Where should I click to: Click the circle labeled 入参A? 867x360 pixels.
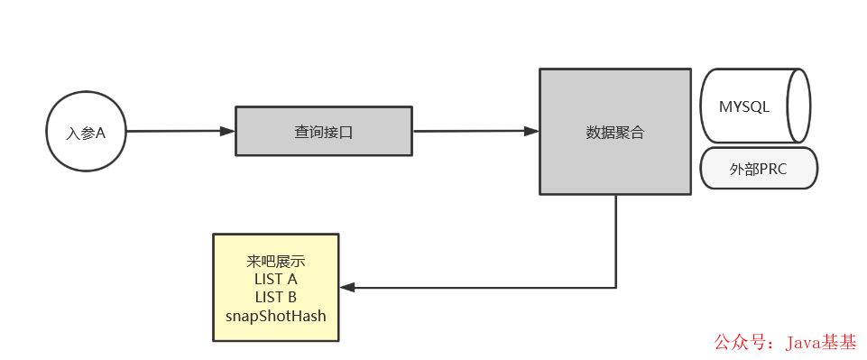point(86,132)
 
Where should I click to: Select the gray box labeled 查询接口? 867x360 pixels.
point(323,131)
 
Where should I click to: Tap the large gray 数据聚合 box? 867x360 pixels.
point(615,132)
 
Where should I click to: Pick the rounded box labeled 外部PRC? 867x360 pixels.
point(758,169)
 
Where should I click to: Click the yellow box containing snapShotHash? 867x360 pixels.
point(275,288)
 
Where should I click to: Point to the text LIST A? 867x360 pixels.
point(275,280)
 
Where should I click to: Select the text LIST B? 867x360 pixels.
point(275,298)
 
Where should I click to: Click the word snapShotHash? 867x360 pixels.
point(275,316)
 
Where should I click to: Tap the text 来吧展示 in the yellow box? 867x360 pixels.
point(275,262)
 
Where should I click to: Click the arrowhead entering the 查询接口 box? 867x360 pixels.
point(227,131)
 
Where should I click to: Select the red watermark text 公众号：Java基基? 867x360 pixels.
point(785,343)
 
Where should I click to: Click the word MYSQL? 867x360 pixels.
point(744,106)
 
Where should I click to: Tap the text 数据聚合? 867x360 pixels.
point(615,132)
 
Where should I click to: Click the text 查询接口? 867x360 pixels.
point(323,132)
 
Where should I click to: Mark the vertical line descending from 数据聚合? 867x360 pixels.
point(616,239)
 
